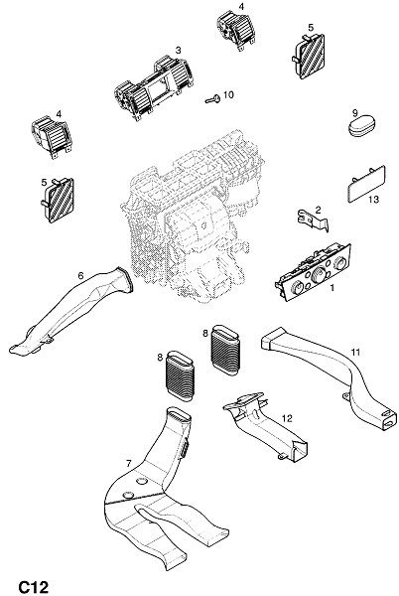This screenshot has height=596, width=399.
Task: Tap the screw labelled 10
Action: point(213,99)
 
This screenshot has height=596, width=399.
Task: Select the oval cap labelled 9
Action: point(361,126)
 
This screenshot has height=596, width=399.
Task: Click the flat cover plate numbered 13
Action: point(366,184)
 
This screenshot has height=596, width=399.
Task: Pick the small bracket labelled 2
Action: point(313,221)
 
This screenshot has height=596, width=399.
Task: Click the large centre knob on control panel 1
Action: point(319,274)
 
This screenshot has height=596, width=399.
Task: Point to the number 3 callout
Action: point(178,51)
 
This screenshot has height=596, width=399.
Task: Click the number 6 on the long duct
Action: point(80,275)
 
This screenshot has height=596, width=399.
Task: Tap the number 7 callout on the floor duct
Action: point(128,463)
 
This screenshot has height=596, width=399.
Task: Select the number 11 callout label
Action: point(355,352)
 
